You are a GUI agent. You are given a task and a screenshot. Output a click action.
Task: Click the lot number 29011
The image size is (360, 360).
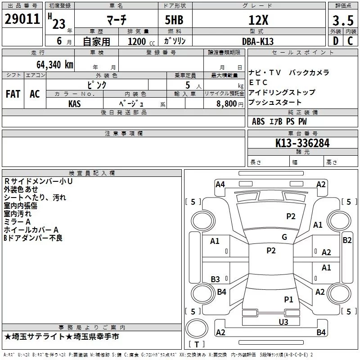(22, 19)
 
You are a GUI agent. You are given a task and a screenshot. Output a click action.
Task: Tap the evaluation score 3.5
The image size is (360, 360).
(343, 20)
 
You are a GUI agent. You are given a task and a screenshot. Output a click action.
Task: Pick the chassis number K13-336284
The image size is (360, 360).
(302, 143)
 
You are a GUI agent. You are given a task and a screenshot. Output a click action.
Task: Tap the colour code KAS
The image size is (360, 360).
(75, 103)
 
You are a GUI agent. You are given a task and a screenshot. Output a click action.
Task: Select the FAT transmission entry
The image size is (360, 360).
(13, 94)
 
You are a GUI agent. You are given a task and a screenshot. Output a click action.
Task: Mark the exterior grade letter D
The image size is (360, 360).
(335, 41)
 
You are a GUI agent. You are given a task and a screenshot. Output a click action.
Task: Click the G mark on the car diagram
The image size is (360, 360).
(284, 237)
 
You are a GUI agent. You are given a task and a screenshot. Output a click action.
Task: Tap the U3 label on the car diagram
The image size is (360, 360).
(283, 321)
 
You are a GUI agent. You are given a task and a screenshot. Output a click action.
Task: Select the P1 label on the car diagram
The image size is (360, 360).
(288, 299)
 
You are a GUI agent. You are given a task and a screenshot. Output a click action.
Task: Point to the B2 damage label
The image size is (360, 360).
(347, 240)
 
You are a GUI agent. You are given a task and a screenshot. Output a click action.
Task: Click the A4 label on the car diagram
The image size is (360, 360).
(220, 184)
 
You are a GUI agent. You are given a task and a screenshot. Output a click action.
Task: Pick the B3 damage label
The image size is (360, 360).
(215, 279)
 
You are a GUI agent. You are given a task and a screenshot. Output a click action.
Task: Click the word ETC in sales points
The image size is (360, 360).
(258, 82)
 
